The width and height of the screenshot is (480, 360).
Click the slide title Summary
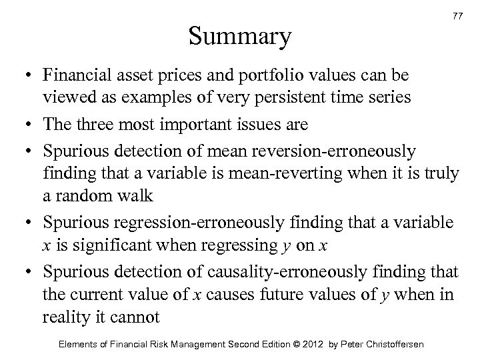coord(239,37)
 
